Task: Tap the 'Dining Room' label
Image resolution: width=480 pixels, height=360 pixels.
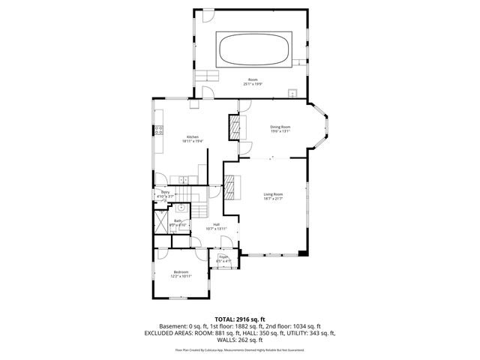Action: click(280, 127)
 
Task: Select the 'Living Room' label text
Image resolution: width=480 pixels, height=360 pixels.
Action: click(272, 194)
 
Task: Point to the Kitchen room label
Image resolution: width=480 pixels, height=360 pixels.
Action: click(192, 136)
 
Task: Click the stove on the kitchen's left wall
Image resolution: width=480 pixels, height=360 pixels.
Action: click(159, 130)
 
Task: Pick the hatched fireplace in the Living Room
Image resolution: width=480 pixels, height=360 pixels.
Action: click(232, 185)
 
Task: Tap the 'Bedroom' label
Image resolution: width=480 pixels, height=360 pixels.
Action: click(181, 271)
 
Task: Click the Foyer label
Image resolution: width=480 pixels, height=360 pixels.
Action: click(223, 256)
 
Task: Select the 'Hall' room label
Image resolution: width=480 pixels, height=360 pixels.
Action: click(216, 224)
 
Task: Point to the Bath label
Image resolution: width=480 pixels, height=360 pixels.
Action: click(178, 220)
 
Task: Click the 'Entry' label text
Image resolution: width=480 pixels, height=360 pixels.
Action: click(165, 193)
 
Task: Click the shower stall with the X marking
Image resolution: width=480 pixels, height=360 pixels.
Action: click(162, 223)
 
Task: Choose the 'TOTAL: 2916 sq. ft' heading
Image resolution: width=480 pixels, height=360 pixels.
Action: click(239, 319)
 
